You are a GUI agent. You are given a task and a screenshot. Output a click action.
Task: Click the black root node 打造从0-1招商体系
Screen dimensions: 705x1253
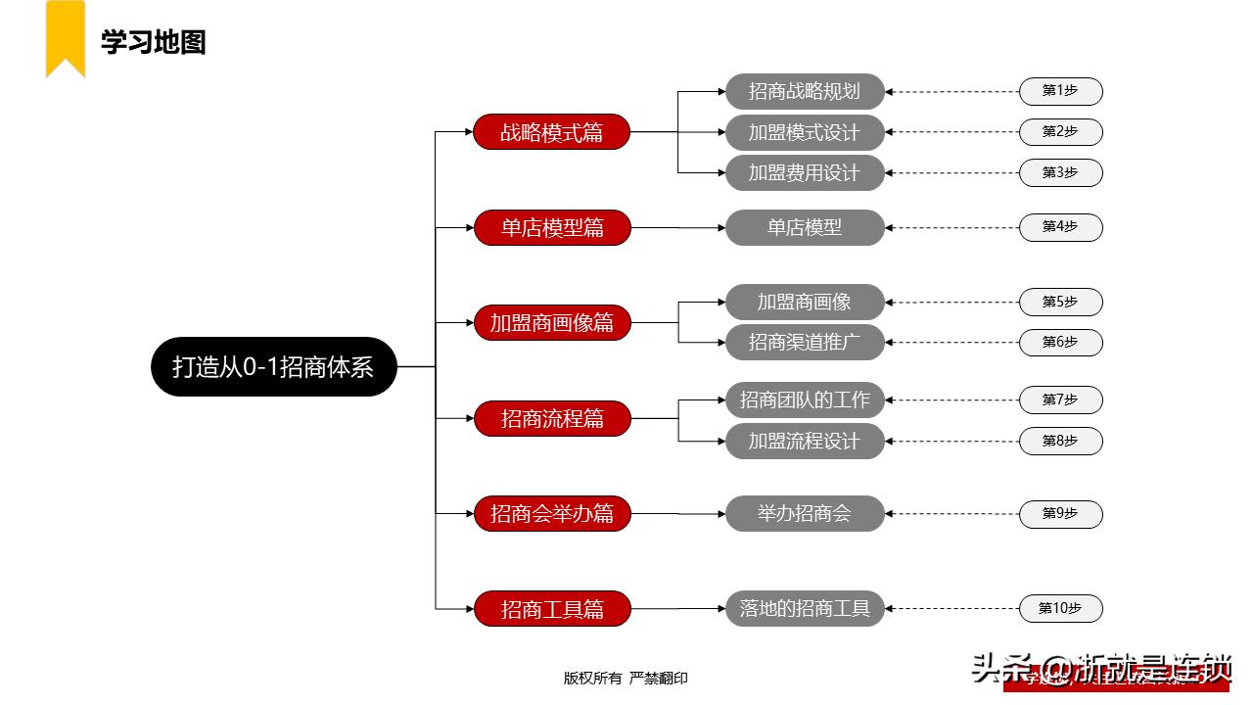(x=274, y=366)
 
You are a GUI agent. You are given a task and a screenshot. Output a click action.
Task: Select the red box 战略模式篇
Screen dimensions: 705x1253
(x=551, y=132)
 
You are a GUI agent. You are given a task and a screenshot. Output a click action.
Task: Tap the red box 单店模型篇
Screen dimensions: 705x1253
(x=552, y=227)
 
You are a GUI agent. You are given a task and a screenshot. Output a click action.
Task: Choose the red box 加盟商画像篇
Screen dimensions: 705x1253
(x=551, y=322)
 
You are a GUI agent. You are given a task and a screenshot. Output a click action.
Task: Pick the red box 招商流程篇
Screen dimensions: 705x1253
(x=552, y=418)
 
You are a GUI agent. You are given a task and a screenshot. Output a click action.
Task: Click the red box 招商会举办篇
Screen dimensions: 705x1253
(x=551, y=513)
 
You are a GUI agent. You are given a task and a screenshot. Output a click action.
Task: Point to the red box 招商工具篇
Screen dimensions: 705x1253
(x=552, y=609)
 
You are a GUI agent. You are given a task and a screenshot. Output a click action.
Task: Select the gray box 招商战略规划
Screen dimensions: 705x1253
(x=805, y=91)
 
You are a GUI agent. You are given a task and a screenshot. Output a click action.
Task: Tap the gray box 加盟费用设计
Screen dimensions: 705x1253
(x=805, y=172)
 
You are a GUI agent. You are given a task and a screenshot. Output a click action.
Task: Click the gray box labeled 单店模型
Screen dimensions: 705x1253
(x=805, y=227)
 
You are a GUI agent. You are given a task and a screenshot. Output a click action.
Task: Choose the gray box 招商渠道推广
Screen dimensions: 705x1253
(x=805, y=342)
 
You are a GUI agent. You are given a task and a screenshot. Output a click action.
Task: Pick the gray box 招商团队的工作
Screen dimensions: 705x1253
(x=805, y=399)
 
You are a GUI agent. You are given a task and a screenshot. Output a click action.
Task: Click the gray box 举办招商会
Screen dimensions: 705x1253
(x=805, y=513)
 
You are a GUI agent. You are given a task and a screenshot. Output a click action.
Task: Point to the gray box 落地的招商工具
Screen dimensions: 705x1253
(x=805, y=608)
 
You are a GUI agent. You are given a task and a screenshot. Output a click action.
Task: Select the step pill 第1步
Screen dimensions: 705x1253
(x=1060, y=91)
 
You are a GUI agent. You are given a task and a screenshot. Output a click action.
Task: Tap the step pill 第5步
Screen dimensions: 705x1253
(x=1060, y=303)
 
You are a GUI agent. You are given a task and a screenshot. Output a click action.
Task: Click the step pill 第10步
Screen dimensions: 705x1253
(x=1060, y=608)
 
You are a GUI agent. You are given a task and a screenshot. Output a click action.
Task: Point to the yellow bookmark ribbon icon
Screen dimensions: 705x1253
(x=66, y=37)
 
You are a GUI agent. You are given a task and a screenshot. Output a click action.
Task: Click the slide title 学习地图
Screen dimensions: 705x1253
(x=154, y=43)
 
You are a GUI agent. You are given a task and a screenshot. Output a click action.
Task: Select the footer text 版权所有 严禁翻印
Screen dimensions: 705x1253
(x=626, y=678)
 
